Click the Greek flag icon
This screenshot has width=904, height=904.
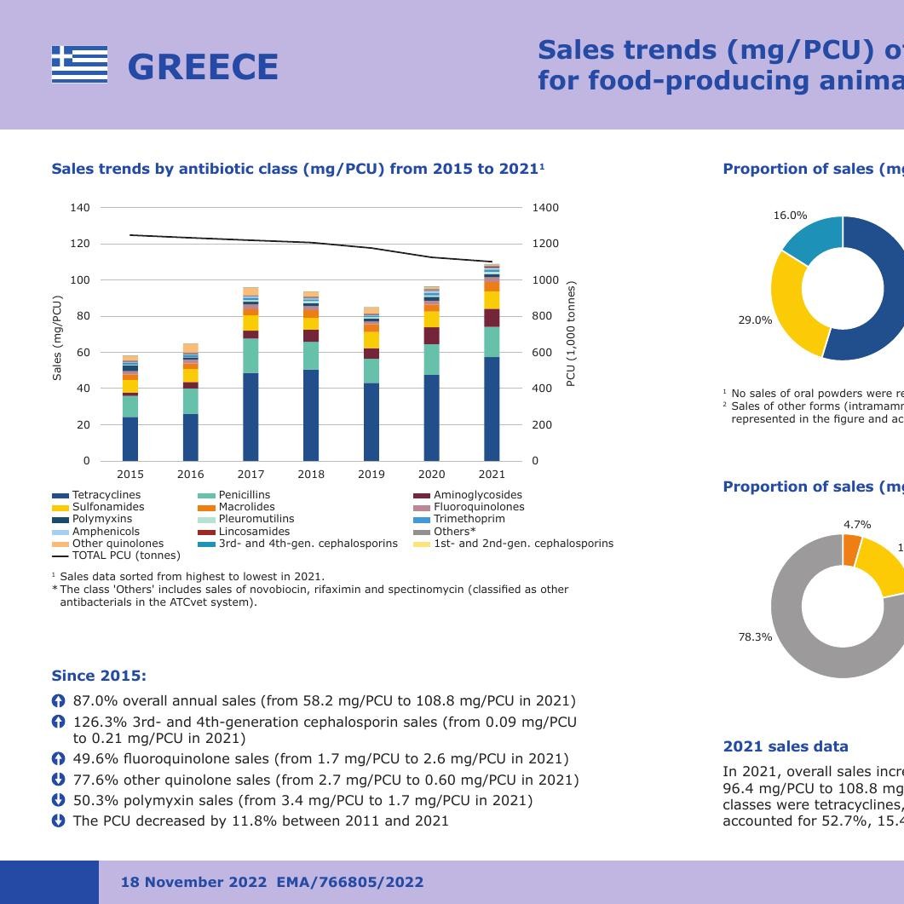79,65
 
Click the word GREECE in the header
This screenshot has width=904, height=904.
203,67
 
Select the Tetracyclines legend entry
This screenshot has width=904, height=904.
106,495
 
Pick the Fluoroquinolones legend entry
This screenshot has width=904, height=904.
478,507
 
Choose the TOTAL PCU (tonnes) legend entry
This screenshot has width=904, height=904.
125,556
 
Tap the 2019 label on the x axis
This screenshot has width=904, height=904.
371,475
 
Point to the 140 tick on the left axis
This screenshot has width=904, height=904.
80,208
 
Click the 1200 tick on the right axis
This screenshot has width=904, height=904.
545,244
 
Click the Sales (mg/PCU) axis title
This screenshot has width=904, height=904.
58,337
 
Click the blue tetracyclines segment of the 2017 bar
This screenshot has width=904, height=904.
250,417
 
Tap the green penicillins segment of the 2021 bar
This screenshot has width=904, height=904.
492,342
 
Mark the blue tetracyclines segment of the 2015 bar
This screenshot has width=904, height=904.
130,439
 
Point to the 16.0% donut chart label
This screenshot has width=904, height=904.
790,216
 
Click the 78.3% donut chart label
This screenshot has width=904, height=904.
755,637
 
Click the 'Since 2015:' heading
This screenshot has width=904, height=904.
99,676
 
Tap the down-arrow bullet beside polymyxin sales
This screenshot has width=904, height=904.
58,800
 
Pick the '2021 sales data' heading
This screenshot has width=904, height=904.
785,746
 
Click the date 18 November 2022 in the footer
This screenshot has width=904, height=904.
193,882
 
